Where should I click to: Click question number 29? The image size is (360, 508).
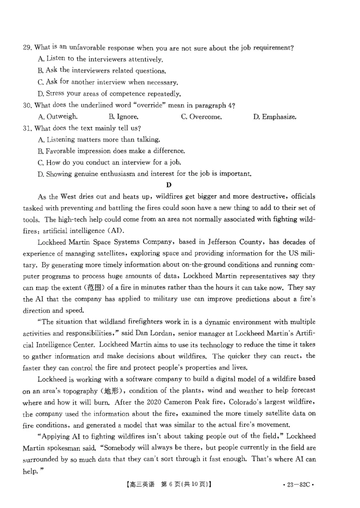click(x=27, y=48)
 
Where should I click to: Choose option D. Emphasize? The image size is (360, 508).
click(x=274, y=117)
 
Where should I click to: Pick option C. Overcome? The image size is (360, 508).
click(x=201, y=117)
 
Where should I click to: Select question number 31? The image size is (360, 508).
click(x=27, y=128)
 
